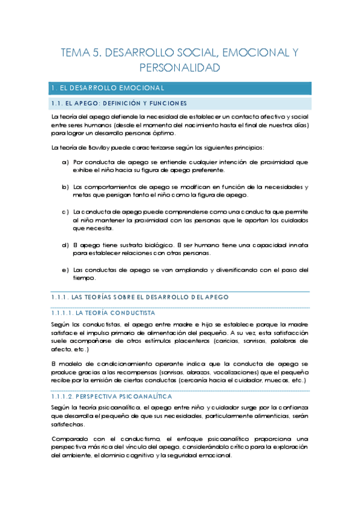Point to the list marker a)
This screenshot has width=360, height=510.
66,162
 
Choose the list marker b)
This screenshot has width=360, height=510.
66,187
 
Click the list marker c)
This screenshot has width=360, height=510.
66,212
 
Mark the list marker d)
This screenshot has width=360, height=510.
66,245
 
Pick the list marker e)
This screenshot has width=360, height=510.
66,269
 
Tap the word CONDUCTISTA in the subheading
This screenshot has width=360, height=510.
134,313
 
